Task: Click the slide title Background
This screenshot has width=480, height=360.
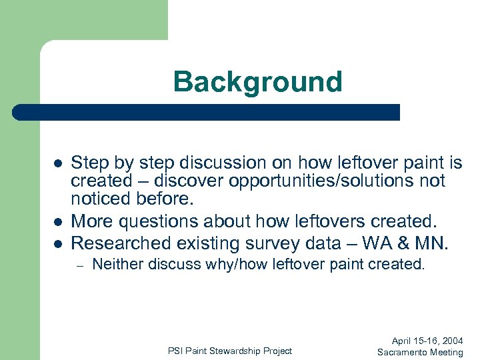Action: click(x=257, y=82)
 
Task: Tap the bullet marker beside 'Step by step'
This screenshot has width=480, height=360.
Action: click(x=58, y=163)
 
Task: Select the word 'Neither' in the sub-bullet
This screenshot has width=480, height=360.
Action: click(x=118, y=264)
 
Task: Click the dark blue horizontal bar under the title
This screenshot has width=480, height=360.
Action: click(x=207, y=112)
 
